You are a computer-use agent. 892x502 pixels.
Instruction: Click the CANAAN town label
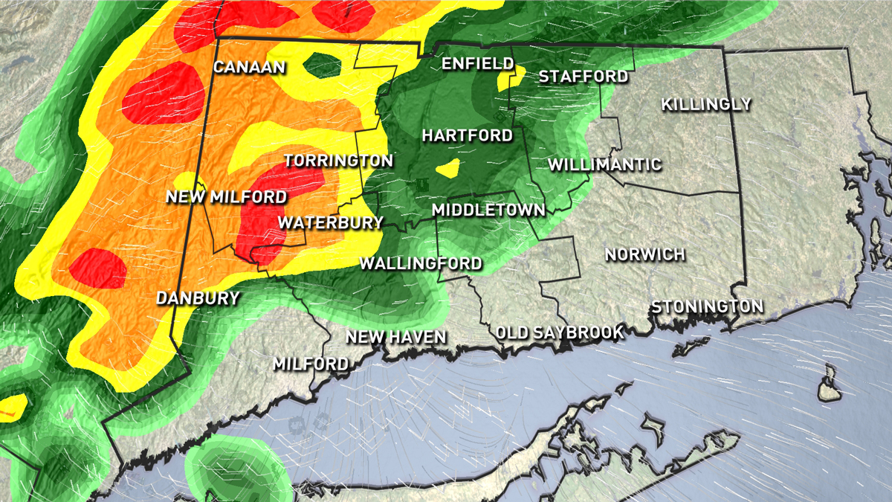pyautogui.click(x=250, y=67)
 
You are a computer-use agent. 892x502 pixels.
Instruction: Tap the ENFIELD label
pyautogui.click(x=478, y=63)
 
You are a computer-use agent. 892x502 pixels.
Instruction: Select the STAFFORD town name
pyautogui.click(x=584, y=76)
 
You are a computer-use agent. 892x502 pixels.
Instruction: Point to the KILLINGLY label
pyautogui.click(x=706, y=104)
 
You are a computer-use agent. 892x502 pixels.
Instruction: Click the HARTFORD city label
pyautogui.click(x=467, y=135)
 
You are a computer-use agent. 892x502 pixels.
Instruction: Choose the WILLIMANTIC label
pyautogui.click(x=605, y=164)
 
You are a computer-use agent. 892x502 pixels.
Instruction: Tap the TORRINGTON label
pyautogui.click(x=338, y=161)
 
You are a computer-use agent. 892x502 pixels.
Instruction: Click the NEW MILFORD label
pyautogui.click(x=226, y=197)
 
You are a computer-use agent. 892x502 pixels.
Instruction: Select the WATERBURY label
pyautogui.click(x=330, y=222)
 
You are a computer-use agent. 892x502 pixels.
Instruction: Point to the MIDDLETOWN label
pyautogui.click(x=488, y=210)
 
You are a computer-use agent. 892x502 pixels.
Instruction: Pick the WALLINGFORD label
pyautogui.click(x=421, y=263)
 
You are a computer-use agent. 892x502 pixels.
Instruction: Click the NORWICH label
pyautogui.click(x=644, y=254)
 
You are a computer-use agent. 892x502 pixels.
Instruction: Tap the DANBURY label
pyautogui.click(x=198, y=298)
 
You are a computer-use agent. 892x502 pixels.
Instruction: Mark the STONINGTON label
pyautogui.click(x=707, y=306)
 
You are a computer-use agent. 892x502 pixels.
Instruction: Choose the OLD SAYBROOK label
pyautogui.click(x=560, y=332)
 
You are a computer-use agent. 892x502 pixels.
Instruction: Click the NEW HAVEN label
pyautogui.click(x=396, y=337)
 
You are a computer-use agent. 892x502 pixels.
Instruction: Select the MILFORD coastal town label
pyautogui.click(x=310, y=364)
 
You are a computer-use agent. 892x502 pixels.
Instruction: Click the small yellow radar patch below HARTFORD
pyautogui.click(x=448, y=168)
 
